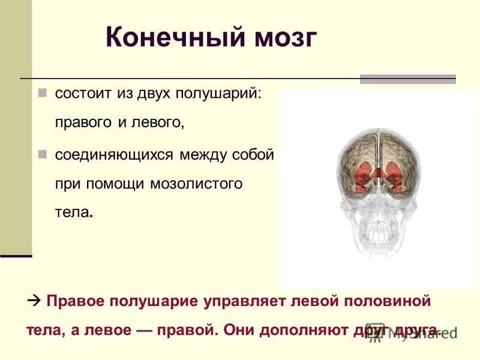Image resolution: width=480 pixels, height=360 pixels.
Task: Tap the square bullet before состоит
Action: coord(42,94)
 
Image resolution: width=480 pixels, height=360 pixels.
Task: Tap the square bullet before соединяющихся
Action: coord(42,154)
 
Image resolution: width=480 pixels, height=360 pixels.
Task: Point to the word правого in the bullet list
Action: coord(83,124)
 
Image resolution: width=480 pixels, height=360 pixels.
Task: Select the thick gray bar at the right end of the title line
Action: coord(407,79)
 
